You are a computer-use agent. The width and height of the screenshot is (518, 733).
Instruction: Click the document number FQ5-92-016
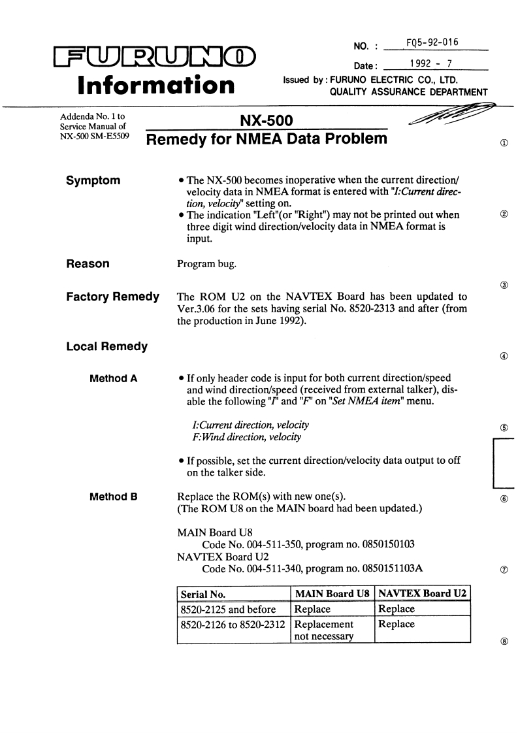pyautogui.click(x=432, y=43)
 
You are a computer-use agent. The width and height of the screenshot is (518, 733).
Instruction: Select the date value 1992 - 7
pyautogui.click(x=432, y=64)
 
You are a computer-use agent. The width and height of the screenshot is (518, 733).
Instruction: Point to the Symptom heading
pyautogui.click(x=93, y=181)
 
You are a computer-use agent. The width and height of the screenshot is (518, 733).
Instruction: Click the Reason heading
pyautogui.click(x=88, y=264)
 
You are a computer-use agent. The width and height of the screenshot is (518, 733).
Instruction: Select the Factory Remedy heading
pyautogui.click(x=113, y=297)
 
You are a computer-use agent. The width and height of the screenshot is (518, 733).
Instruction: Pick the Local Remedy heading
pyautogui.click(x=106, y=346)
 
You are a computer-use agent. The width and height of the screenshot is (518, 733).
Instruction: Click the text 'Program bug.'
pyautogui.click(x=208, y=265)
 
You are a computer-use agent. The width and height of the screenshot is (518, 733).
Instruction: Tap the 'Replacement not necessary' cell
pyautogui.click(x=325, y=630)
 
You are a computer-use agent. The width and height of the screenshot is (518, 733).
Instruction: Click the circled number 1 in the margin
pyautogui.click(x=500, y=142)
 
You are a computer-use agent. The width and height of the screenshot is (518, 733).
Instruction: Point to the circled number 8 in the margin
pyautogui.click(x=500, y=641)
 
